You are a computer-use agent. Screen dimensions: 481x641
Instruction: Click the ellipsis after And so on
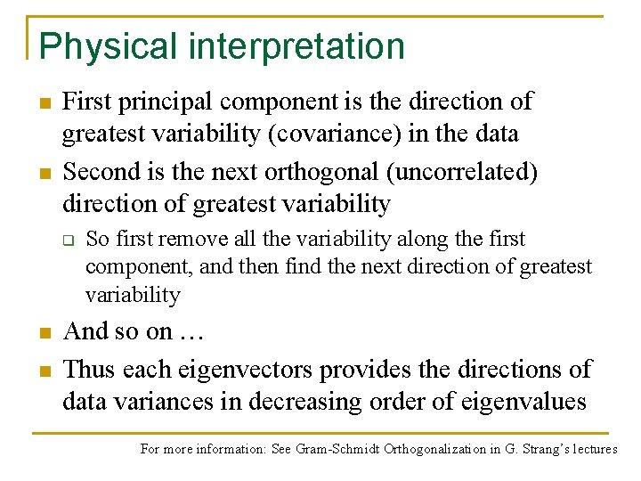pyautogui.click(x=192, y=332)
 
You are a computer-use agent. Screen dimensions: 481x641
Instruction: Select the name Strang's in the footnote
pyautogui.click(x=535, y=449)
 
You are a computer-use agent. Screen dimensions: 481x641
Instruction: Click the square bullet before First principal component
pyautogui.click(x=43, y=102)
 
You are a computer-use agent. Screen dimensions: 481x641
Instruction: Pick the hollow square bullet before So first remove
pyautogui.click(x=66, y=240)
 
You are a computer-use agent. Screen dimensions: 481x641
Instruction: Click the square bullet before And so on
pyautogui.click(x=43, y=333)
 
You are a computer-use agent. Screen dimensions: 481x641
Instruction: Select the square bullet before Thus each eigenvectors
pyautogui.click(x=43, y=369)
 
